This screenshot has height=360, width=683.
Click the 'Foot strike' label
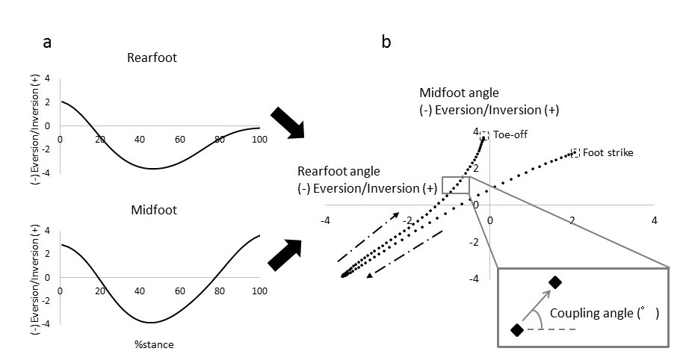point(608,153)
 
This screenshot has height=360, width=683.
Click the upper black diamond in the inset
point(555,282)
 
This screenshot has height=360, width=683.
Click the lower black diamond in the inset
point(516,329)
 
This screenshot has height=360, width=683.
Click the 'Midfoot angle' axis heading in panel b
point(459,93)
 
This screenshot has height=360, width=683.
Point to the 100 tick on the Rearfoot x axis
point(259,140)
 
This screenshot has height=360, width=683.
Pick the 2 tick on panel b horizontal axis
point(572,221)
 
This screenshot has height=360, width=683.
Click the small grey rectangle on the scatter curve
point(455,185)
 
